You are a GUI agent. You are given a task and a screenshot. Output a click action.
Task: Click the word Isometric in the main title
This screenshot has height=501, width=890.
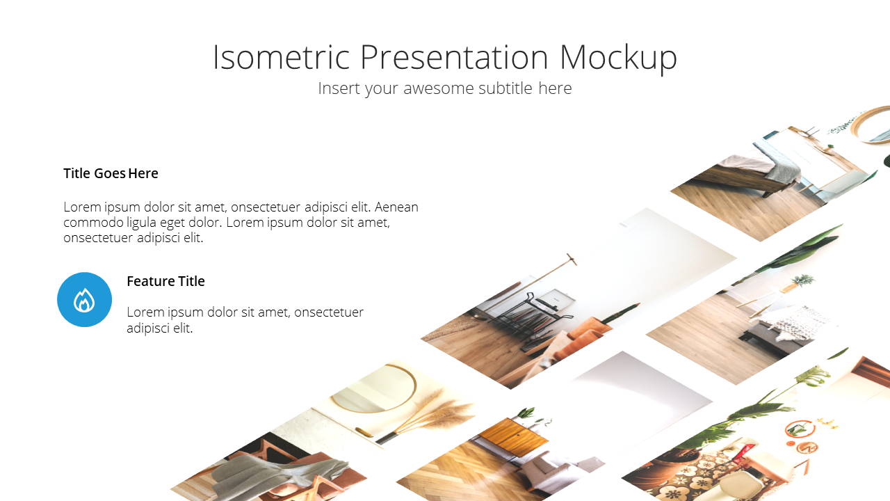282,57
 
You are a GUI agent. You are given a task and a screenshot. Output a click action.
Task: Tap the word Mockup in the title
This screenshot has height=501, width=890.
618,58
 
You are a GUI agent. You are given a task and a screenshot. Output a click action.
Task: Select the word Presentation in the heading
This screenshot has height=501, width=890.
455,57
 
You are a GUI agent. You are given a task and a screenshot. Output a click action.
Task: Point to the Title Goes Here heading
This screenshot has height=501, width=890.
111,173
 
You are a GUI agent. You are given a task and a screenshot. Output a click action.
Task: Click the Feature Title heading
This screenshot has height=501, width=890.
165,281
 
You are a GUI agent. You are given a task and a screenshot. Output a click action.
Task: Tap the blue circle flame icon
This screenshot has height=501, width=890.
84,299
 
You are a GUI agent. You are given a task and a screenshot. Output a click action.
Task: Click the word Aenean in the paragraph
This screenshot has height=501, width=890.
396,207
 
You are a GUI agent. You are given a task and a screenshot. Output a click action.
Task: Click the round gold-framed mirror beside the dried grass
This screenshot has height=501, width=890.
373,388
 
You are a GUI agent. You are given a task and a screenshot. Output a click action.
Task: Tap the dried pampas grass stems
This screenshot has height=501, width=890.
429,415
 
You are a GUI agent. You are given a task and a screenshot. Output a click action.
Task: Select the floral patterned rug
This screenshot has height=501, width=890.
699,479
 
